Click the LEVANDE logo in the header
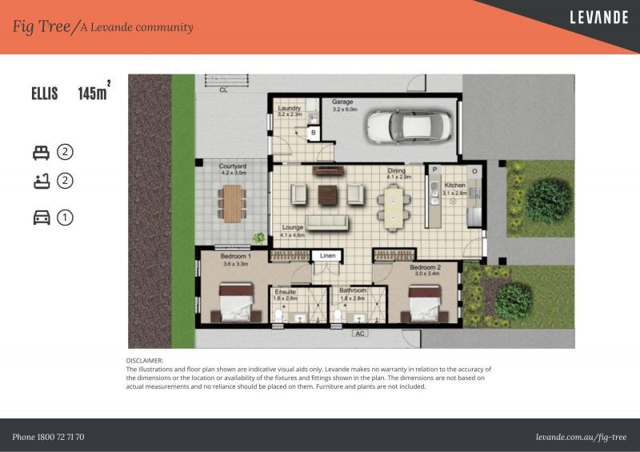click(x=598, y=17)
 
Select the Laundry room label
click(x=289, y=109)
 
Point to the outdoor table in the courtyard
click(x=232, y=202)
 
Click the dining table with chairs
click(x=394, y=206)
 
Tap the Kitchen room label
click(x=454, y=186)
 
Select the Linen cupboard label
click(x=327, y=256)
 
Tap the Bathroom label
click(x=353, y=290)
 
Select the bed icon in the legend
click(x=41, y=151)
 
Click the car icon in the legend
click(x=42, y=217)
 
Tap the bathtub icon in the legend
click(x=41, y=181)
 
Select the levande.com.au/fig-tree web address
click(x=582, y=437)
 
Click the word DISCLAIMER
click(x=145, y=362)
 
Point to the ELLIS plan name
click(x=45, y=94)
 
